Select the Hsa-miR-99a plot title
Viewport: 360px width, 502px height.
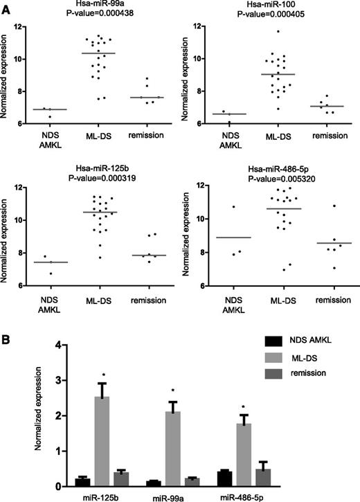(x=102, y=6)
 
